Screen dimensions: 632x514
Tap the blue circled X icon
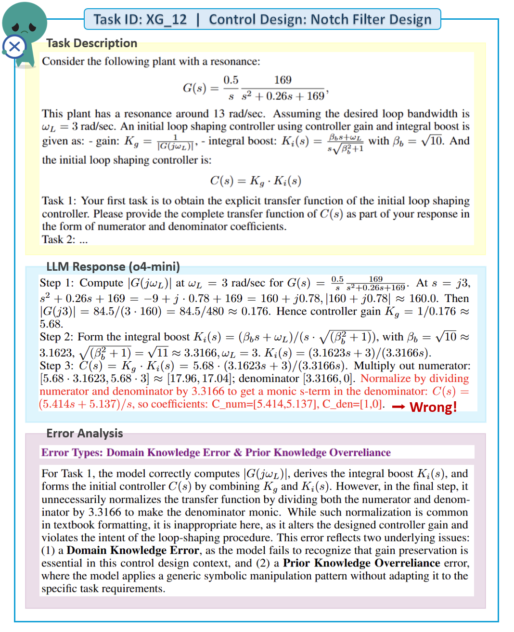click(x=14, y=47)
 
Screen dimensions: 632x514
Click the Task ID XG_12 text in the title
click(x=140, y=19)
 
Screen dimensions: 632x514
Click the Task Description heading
click(x=91, y=43)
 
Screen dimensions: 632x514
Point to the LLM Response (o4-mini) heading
click(x=113, y=266)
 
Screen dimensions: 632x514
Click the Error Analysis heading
click(x=85, y=433)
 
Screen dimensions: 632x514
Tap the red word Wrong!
click(x=433, y=407)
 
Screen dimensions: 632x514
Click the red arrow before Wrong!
click(x=398, y=407)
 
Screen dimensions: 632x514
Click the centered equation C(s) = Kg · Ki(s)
click(x=255, y=181)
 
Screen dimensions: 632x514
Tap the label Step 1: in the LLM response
click(x=57, y=283)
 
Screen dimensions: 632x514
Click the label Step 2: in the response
click(x=57, y=337)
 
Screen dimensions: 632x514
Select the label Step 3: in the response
click(x=57, y=366)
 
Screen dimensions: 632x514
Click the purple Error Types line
click(x=216, y=452)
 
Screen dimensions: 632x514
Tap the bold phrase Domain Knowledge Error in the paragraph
click(x=133, y=550)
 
